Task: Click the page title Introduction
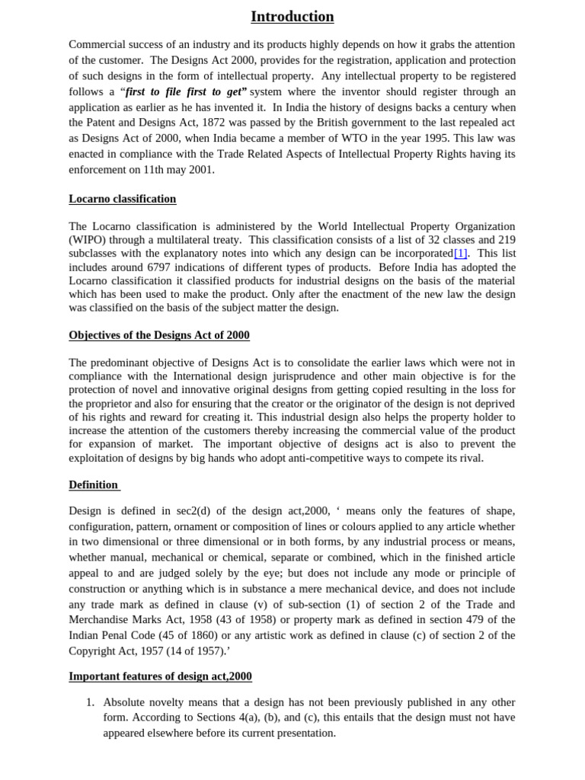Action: coord(292,16)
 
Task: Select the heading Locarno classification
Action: coord(122,199)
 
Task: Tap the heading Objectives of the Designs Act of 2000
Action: coord(159,335)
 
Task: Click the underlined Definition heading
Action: coord(94,484)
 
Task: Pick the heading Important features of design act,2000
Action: coord(160,676)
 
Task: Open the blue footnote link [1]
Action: coord(460,254)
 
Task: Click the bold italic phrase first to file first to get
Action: coord(186,91)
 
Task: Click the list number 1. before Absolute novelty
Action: coord(90,702)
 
